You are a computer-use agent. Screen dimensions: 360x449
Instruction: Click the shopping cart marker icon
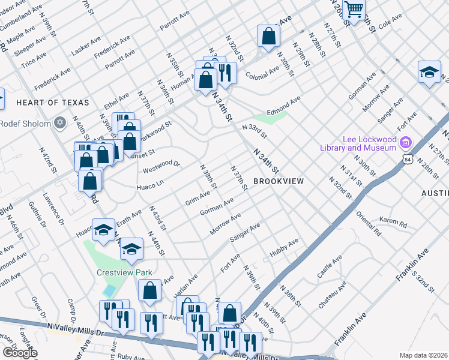[x=354, y=10]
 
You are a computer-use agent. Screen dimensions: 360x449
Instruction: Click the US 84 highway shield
[x=408, y=160]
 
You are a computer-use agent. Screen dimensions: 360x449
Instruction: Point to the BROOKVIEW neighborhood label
[x=278, y=181]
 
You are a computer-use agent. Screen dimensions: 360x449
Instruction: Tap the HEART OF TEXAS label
[x=52, y=103]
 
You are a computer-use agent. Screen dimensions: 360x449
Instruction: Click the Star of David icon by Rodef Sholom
[x=59, y=123]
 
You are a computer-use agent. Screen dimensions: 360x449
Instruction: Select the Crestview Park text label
[x=125, y=272]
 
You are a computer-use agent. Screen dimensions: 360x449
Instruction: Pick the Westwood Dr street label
[x=161, y=167]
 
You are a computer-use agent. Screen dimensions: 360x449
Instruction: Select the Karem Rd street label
[x=393, y=222]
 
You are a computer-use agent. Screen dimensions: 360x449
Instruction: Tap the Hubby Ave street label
[x=284, y=247]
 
